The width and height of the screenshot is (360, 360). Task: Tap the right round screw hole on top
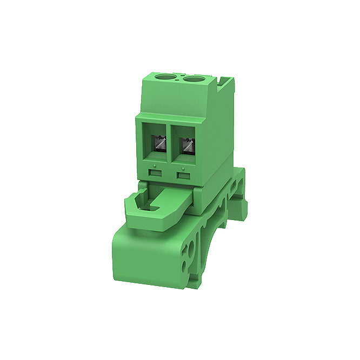click(x=192, y=80)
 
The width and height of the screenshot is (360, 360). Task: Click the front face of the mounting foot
click(x=146, y=259)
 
